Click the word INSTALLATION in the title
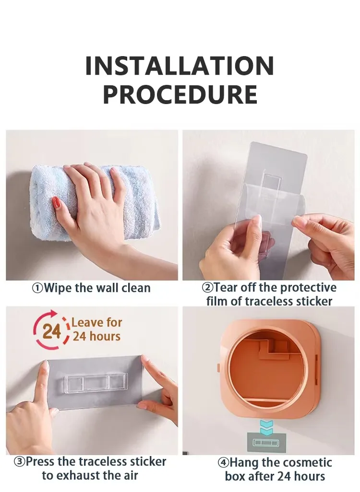(180, 66)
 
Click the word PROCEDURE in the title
(180, 94)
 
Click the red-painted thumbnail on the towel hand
(57, 203)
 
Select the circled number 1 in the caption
(37, 288)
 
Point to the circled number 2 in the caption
(207, 288)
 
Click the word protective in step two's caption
(308, 288)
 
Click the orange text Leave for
(97, 323)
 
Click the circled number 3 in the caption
(20, 462)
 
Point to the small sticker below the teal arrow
(266, 442)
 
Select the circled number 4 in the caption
(224, 463)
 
